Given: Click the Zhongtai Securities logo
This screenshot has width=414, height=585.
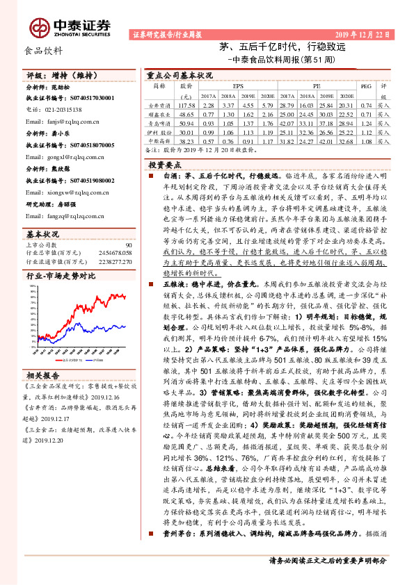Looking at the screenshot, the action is pyautogui.click(x=70, y=26).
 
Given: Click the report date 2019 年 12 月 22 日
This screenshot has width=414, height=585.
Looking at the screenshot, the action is pyautogui.click(x=365, y=34).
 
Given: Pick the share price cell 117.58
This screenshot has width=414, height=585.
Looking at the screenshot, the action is pyautogui.click(x=186, y=104).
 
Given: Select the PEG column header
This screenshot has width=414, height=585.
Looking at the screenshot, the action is pyautogui.click(x=365, y=86).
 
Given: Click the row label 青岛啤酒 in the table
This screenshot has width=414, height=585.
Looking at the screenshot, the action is pyautogui.click(x=159, y=122).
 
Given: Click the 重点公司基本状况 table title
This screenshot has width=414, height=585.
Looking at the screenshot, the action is pyautogui.click(x=180, y=74).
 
